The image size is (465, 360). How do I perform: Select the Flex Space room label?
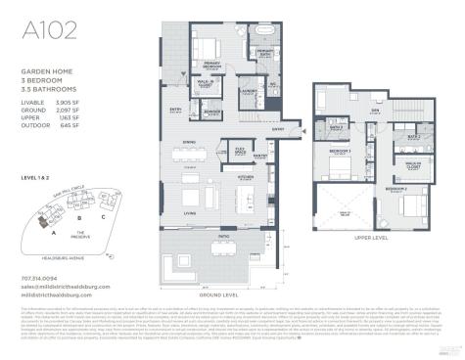240,152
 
